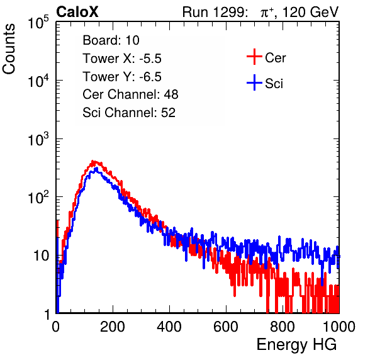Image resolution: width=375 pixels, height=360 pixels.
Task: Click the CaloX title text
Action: (x=77, y=12)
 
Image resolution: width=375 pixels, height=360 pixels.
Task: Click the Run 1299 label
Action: (x=215, y=12)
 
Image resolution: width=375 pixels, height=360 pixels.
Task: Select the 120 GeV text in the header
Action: (x=311, y=12)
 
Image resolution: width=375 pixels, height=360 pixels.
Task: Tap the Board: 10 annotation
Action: (x=111, y=40)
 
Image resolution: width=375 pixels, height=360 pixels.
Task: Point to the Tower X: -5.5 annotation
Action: (x=122, y=59)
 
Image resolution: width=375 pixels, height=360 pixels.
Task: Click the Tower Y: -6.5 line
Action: (x=122, y=77)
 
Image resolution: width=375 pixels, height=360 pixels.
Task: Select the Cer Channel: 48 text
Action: (x=130, y=94)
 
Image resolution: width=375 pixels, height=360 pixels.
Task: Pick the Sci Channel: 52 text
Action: (x=129, y=113)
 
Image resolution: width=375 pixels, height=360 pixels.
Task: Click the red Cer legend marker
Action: (x=254, y=57)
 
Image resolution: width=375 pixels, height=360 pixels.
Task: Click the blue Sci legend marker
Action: (x=254, y=83)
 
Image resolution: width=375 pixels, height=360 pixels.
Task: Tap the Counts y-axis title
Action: (x=9, y=49)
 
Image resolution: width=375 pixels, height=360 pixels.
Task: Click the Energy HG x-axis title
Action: (x=296, y=344)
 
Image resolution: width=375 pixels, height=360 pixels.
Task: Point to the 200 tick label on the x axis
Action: (x=113, y=326)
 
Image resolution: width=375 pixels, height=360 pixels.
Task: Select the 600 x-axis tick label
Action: (x=226, y=326)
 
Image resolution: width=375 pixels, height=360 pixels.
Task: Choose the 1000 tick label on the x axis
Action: (x=339, y=326)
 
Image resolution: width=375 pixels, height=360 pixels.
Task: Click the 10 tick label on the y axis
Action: (x=42, y=256)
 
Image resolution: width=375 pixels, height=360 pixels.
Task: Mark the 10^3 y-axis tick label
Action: (x=39, y=138)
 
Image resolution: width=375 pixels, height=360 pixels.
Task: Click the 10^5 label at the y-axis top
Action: (x=39, y=22)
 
